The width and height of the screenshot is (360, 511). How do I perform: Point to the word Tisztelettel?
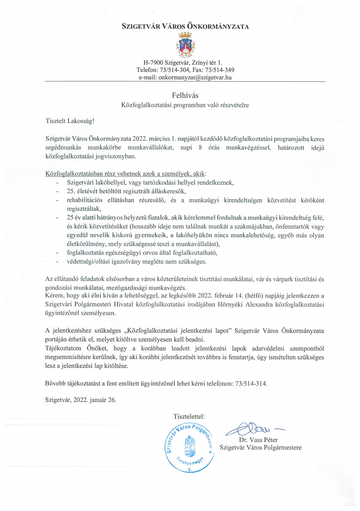pyautogui.click(x=189, y=416)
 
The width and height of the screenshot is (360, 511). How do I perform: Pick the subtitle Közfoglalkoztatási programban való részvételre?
pyautogui.click(x=185, y=104)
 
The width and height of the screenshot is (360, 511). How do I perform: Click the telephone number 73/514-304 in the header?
pyautogui.click(x=175, y=70)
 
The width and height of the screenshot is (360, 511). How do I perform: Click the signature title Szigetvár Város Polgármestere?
pyautogui.click(x=260, y=448)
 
